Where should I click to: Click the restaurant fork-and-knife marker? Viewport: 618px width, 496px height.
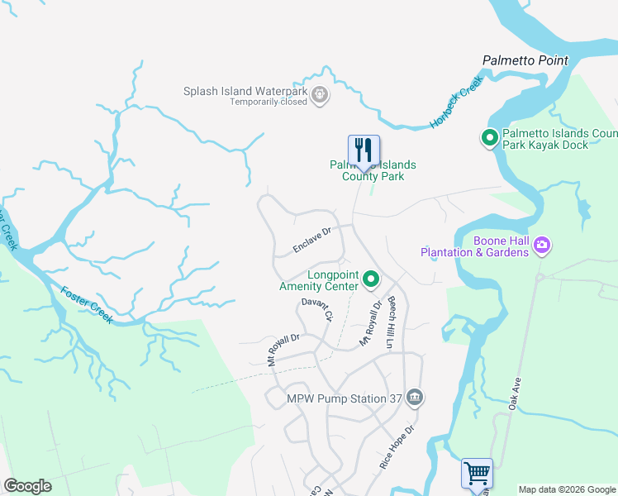[364, 150]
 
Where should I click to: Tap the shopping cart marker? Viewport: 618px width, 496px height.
[478, 474]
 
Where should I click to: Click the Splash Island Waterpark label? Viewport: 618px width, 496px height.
[246, 92]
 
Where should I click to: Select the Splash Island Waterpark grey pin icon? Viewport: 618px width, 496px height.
[321, 97]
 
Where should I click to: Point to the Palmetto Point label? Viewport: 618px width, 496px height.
[525, 60]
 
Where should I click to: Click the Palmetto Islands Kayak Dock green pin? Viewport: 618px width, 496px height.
[489, 138]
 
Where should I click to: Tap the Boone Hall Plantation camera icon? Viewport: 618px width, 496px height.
[542, 245]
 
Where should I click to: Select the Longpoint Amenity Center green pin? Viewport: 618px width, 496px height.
[371, 281]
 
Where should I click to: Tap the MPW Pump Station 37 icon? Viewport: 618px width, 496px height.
[415, 398]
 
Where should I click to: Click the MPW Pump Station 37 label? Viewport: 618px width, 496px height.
[344, 398]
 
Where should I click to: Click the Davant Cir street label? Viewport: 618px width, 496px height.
[316, 310]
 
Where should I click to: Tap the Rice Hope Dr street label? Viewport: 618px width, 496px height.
[395, 449]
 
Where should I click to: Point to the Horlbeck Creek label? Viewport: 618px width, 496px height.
[455, 107]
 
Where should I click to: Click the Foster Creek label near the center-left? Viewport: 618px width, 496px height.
[85, 304]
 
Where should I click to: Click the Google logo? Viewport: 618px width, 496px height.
[27, 486]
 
